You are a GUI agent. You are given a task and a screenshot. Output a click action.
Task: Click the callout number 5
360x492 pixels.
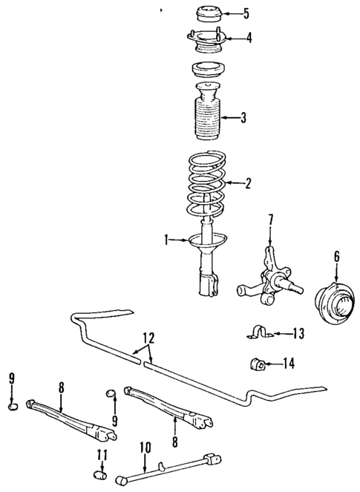[x=246, y=13]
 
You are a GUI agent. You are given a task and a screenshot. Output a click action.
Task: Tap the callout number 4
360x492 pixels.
[x=249, y=37]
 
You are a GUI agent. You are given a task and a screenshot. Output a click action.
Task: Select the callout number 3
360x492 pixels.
[x=243, y=117]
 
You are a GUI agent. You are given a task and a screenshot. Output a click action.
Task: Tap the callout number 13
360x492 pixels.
[x=299, y=334]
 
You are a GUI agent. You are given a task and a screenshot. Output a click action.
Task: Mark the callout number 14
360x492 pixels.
[x=289, y=363]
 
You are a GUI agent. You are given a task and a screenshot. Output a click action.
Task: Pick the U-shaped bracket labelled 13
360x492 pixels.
[x=258, y=333]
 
